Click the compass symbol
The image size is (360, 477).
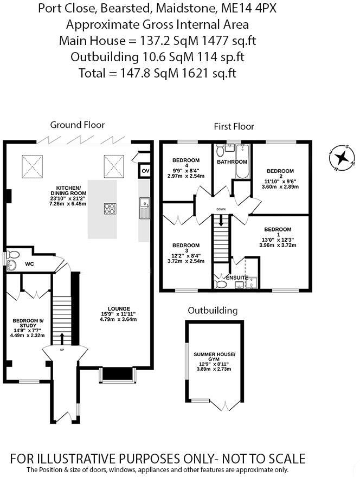(x=341, y=158)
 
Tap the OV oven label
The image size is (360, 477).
(x=145, y=171)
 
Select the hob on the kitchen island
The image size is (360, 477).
(x=110, y=209)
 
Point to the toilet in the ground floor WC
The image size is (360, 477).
(x=13, y=255)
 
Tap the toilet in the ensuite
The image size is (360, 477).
(x=221, y=283)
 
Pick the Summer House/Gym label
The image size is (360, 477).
(x=215, y=357)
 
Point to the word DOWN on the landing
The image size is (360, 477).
(x=221, y=209)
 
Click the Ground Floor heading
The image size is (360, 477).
(x=77, y=125)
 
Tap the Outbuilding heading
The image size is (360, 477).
(x=213, y=311)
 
